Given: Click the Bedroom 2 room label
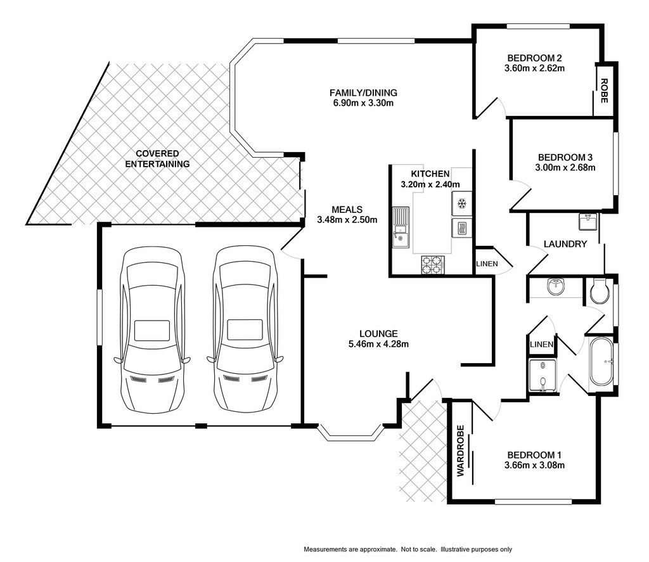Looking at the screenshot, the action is (x=534, y=58).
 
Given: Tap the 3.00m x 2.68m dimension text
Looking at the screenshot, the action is (x=565, y=168).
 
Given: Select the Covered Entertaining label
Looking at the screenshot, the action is (x=157, y=159).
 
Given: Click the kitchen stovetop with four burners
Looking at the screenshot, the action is (x=433, y=265).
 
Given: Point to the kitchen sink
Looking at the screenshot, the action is (x=401, y=227).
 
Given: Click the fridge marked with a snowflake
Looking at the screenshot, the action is (x=461, y=203).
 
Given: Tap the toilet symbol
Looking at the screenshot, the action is (x=600, y=291).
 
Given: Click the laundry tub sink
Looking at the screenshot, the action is (x=588, y=222).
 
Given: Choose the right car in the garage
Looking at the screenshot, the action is (x=245, y=329).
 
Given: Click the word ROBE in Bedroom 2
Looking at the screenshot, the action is (x=604, y=91).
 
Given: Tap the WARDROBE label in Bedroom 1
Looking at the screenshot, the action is (x=461, y=451).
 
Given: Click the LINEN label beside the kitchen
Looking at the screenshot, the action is (x=487, y=264).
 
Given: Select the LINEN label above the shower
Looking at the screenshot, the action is (x=541, y=344).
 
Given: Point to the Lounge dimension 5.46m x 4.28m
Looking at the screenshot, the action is (x=379, y=344).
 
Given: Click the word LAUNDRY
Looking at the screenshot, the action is (x=565, y=244).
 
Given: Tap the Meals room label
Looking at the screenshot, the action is (x=347, y=210).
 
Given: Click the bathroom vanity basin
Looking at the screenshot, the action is (x=556, y=286).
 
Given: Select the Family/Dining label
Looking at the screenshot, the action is (x=363, y=93).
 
